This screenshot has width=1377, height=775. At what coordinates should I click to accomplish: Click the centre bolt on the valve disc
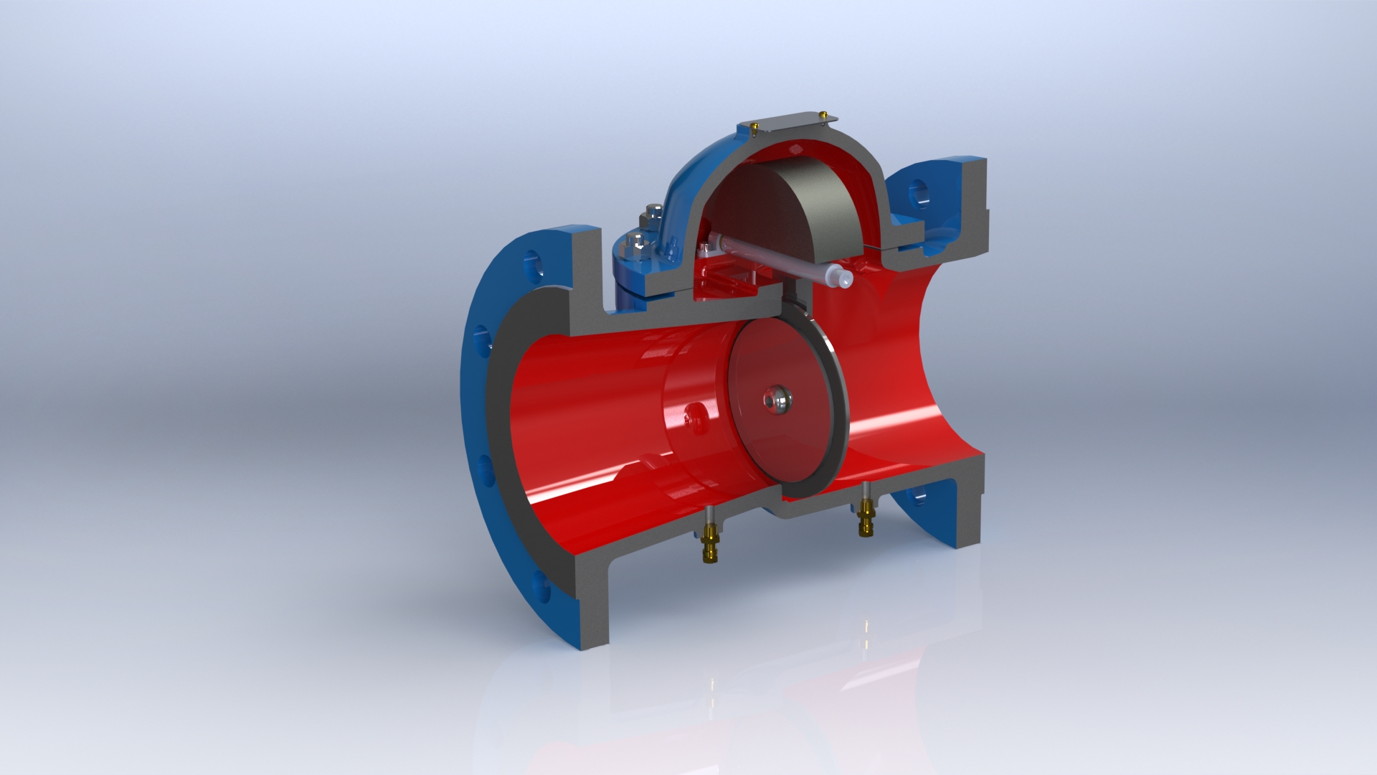777,398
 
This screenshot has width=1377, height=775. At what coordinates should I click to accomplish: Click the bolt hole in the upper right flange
919,192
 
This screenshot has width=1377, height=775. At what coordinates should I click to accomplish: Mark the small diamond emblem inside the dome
795,149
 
